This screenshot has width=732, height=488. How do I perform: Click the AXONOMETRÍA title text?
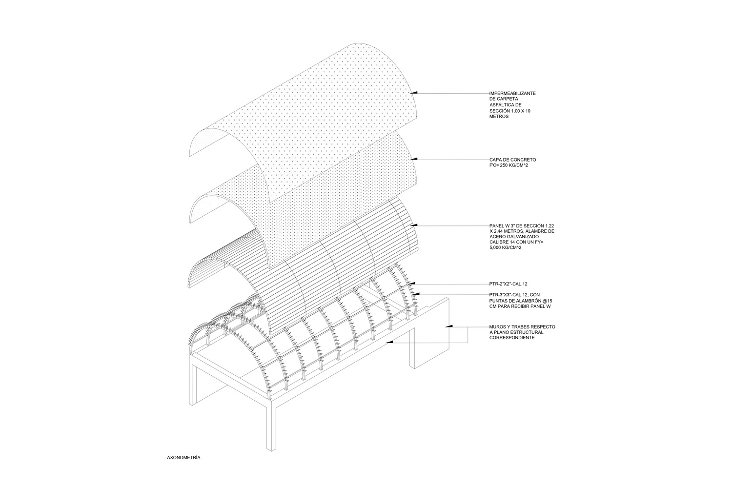183,458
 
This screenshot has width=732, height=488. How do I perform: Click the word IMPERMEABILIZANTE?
512,93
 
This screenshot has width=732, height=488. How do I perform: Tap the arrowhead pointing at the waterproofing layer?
414,93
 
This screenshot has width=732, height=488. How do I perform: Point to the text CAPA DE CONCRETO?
512,160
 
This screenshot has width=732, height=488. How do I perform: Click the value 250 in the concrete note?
505,166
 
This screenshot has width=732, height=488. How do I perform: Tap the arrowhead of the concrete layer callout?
414,159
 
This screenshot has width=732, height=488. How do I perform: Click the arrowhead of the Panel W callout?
414,225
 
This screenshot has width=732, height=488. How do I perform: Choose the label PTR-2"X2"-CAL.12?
508,284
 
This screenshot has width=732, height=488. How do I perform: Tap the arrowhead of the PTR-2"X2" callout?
412,284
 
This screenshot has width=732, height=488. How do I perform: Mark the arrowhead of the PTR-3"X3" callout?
416,295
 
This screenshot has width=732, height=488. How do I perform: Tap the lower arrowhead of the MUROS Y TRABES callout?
389,342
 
